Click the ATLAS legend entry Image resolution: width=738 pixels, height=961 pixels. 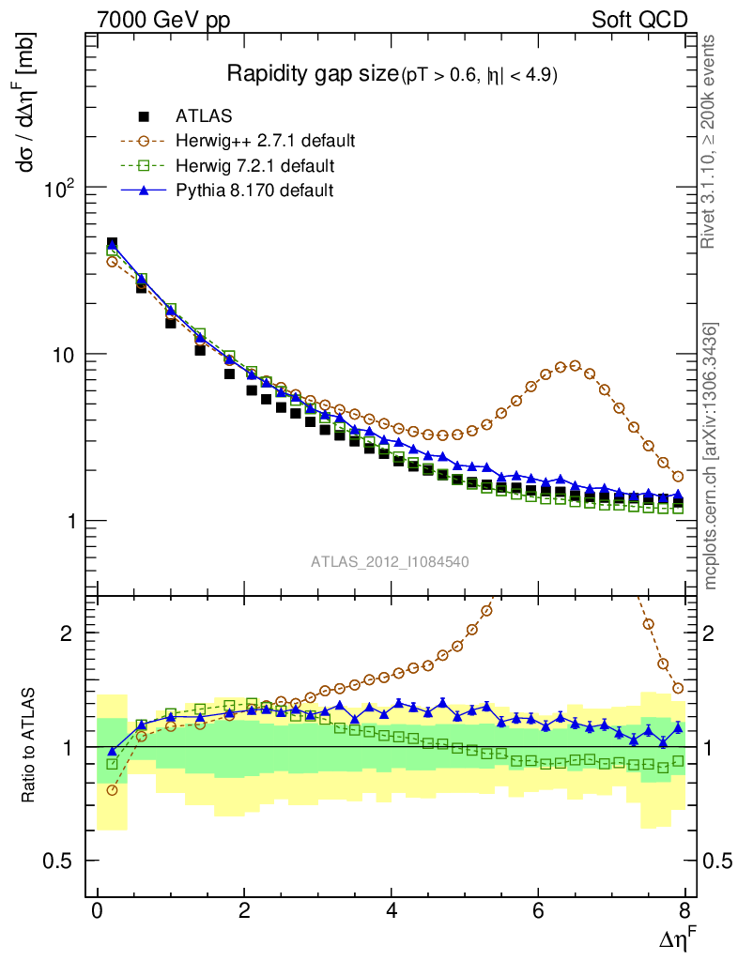pyautogui.click(x=204, y=116)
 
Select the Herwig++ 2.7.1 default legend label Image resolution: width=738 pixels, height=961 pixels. pyautogui.click(x=265, y=142)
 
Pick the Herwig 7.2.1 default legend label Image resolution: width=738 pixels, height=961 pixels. pyautogui.click(x=254, y=166)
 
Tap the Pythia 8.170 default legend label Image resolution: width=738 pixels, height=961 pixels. pyautogui.click(x=254, y=191)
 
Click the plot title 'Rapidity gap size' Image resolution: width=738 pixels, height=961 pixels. pyautogui.click(x=313, y=74)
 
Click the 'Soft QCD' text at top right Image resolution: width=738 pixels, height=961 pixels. pyautogui.click(x=640, y=20)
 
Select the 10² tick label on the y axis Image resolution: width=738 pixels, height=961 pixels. pyautogui.click(x=62, y=189)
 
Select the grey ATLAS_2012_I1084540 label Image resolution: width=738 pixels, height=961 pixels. pyautogui.click(x=391, y=562)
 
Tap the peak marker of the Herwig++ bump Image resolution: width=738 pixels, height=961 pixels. pyautogui.click(x=575, y=366)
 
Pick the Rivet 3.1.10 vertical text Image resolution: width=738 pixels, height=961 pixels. pyautogui.click(x=713, y=142)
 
